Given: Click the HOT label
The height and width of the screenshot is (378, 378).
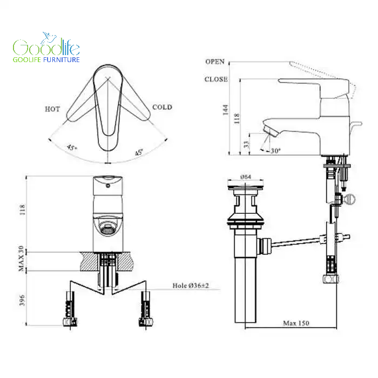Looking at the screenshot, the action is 52,109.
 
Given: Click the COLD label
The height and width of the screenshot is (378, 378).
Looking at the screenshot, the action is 162,107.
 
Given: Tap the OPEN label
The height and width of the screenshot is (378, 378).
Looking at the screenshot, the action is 215,62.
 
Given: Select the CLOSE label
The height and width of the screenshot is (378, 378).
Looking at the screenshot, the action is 216,79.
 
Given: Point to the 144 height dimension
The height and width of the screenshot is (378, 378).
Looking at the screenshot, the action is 225,110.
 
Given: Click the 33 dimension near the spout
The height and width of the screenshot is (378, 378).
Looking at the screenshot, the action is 246,144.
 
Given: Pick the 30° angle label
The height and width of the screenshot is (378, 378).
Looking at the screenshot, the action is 275,151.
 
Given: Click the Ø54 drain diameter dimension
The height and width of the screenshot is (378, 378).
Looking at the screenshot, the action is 246,177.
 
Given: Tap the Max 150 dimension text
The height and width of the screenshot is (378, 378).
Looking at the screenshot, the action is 296,323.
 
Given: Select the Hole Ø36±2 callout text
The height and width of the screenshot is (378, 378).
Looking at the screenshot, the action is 191,286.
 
